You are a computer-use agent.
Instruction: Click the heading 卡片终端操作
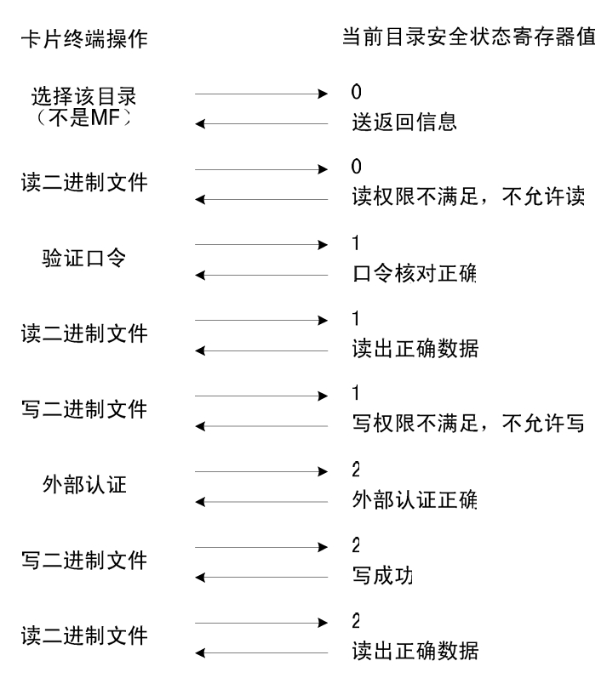(84, 39)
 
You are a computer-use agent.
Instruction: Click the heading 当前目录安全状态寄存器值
(469, 37)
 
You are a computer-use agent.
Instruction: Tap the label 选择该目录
(84, 96)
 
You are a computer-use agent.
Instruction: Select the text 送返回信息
(404, 122)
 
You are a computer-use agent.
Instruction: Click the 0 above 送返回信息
(356, 92)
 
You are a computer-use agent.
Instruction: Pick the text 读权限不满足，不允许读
(468, 197)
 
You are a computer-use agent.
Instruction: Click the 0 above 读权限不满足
(356, 167)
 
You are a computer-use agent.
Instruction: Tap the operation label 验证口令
(84, 258)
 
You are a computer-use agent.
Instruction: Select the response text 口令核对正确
(415, 273)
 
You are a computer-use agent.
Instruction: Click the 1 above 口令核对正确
(356, 243)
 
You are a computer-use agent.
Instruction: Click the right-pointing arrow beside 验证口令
(261, 245)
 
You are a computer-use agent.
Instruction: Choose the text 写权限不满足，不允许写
(468, 423)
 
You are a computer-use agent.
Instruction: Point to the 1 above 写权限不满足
(356, 393)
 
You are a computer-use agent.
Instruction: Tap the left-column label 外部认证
(84, 484)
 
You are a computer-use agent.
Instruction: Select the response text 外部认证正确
(415, 500)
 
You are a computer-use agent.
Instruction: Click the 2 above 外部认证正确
(356, 470)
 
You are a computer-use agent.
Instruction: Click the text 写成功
(382, 576)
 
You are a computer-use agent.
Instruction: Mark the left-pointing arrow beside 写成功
(261, 578)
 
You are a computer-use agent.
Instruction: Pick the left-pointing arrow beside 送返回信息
(261, 124)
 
